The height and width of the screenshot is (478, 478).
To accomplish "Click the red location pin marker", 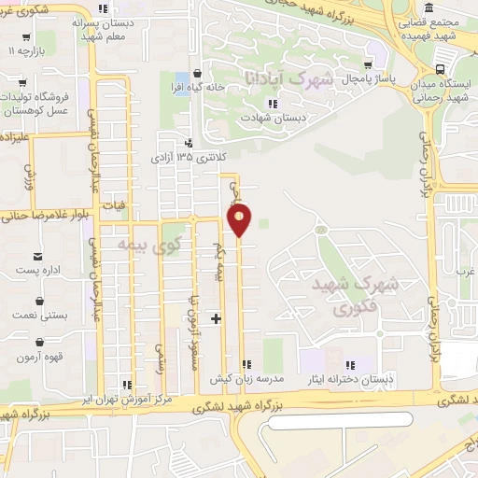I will pos(240,219).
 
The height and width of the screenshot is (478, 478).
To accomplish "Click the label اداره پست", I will pos(38,271).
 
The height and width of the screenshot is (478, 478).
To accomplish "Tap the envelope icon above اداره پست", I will pos(37,256).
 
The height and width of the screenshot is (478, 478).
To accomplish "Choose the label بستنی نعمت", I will pos(38,316).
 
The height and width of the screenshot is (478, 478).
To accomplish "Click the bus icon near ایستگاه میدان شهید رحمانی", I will pos(440,68).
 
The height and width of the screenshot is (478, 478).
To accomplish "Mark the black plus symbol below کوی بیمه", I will pos(216,318).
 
